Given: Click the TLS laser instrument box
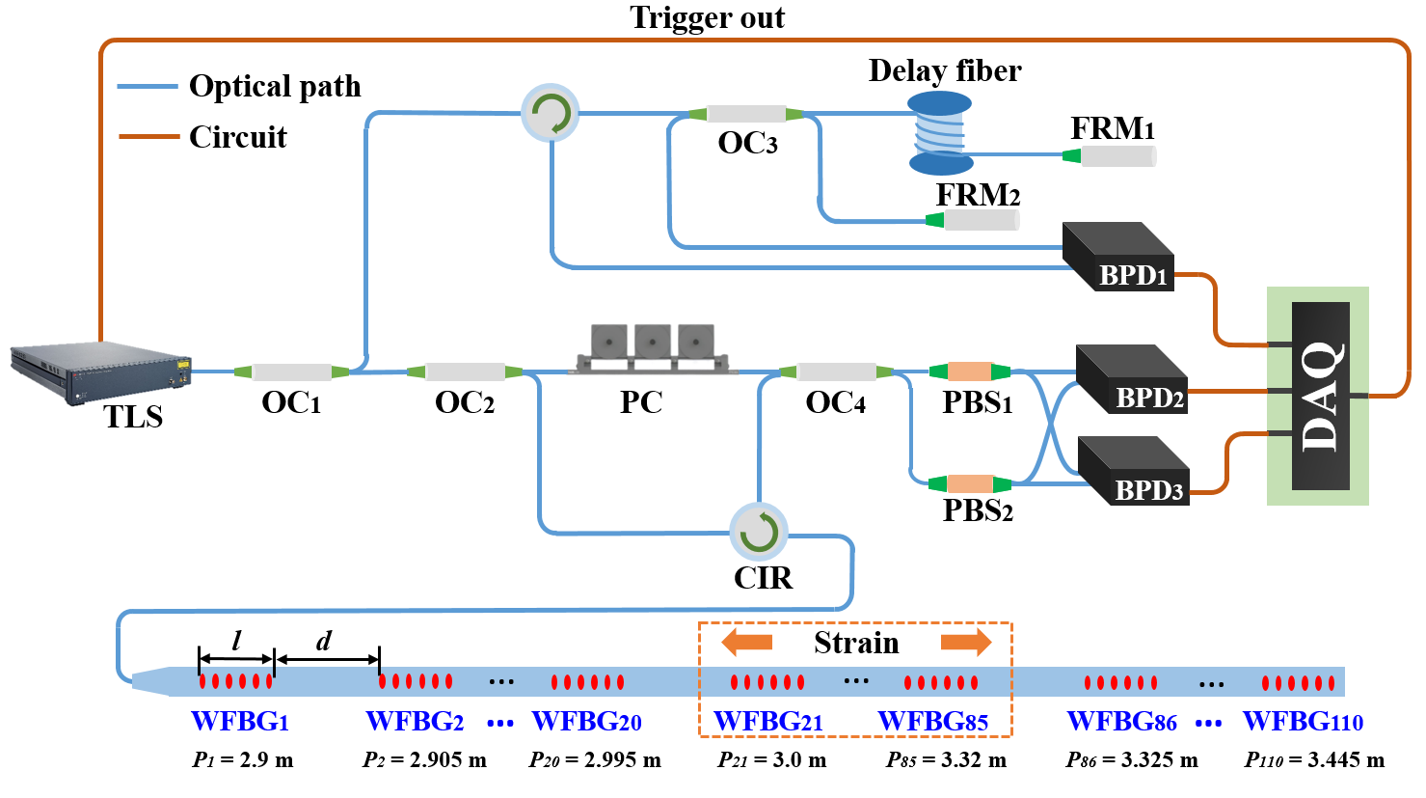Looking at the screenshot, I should click(x=100, y=372).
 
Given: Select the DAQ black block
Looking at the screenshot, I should click(x=1320, y=396).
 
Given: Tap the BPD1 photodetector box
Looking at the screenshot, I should click(x=1117, y=257).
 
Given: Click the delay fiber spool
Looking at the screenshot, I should click(x=940, y=132).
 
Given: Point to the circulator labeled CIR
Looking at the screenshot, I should click(x=759, y=532).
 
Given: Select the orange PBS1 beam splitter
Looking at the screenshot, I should click(x=969, y=371).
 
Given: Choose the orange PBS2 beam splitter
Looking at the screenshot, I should click(x=969, y=483).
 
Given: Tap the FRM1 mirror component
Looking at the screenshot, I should click(x=1117, y=156).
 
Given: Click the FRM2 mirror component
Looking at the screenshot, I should click(x=980, y=220).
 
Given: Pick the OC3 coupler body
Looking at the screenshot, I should click(x=746, y=114).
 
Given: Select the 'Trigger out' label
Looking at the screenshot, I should click(x=707, y=17).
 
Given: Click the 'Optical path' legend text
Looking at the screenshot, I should click(x=275, y=87).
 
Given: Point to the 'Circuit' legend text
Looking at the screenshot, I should click(x=238, y=137).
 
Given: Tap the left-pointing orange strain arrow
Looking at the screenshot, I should click(x=747, y=642).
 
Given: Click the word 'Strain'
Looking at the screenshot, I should click(x=856, y=643).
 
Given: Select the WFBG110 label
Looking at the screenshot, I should click(x=1303, y=722).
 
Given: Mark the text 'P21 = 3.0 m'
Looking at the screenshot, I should click(x=772, y=760).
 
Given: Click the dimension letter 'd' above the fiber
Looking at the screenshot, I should click(x=324, y=641).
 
